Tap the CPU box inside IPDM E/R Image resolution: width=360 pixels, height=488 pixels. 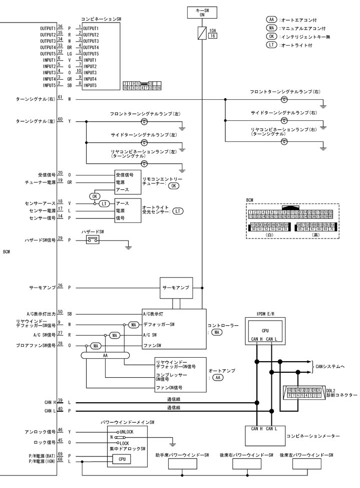tap(265, 331)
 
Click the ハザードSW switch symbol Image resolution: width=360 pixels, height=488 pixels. tap(93, 240)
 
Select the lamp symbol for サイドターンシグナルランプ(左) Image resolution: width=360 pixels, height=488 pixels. tap(144, 143)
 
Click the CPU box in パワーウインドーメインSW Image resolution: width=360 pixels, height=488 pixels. tap(122, 458)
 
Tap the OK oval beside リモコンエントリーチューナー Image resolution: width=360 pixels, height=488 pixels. tap(174, 185)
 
